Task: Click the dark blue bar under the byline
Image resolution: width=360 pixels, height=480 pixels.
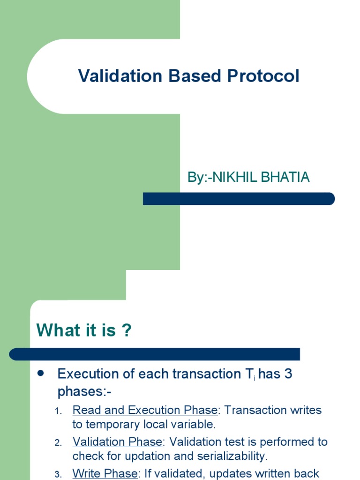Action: [x=239, y=199]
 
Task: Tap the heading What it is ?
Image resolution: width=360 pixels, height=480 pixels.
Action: [x=84, y=330]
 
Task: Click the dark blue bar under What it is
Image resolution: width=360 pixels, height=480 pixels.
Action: [x=155, y=354]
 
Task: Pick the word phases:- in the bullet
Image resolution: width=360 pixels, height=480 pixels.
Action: [x=85, y=391]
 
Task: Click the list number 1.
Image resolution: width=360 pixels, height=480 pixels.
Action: [x=58, y=411]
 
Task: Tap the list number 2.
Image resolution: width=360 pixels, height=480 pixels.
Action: [x=58, y=443]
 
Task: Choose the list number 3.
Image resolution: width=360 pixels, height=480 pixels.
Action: [x=58, y=474]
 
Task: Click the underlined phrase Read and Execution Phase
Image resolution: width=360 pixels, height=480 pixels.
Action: [x=145, y=410]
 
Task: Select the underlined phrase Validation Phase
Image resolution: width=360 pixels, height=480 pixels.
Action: [x=117, y=442]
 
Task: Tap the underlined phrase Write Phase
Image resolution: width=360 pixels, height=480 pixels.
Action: [x=104, y=473]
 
